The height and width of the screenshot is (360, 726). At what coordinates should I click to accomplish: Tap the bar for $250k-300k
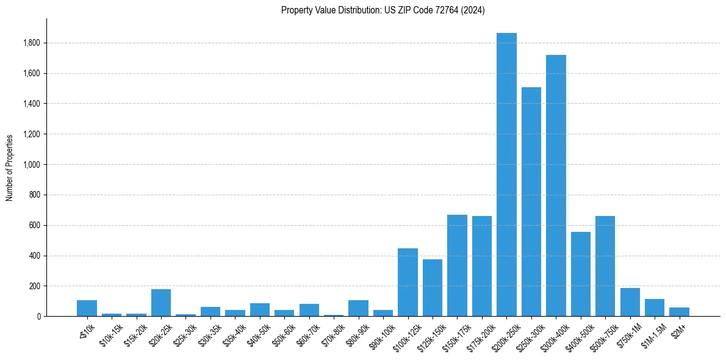point(531,201)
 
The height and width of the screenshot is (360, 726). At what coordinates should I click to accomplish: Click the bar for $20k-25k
point(161,303)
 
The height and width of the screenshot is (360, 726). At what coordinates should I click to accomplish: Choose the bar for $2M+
point(679,312)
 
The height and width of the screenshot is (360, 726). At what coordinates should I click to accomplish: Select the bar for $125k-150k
point(433,287)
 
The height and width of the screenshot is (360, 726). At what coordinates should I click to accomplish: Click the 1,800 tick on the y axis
point(32,43)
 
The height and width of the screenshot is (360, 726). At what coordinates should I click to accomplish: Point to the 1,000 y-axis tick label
point(32,165)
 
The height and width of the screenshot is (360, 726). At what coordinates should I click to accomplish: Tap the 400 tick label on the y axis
point(35,256)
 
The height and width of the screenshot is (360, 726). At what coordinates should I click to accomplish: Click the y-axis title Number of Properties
point(9,167)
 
